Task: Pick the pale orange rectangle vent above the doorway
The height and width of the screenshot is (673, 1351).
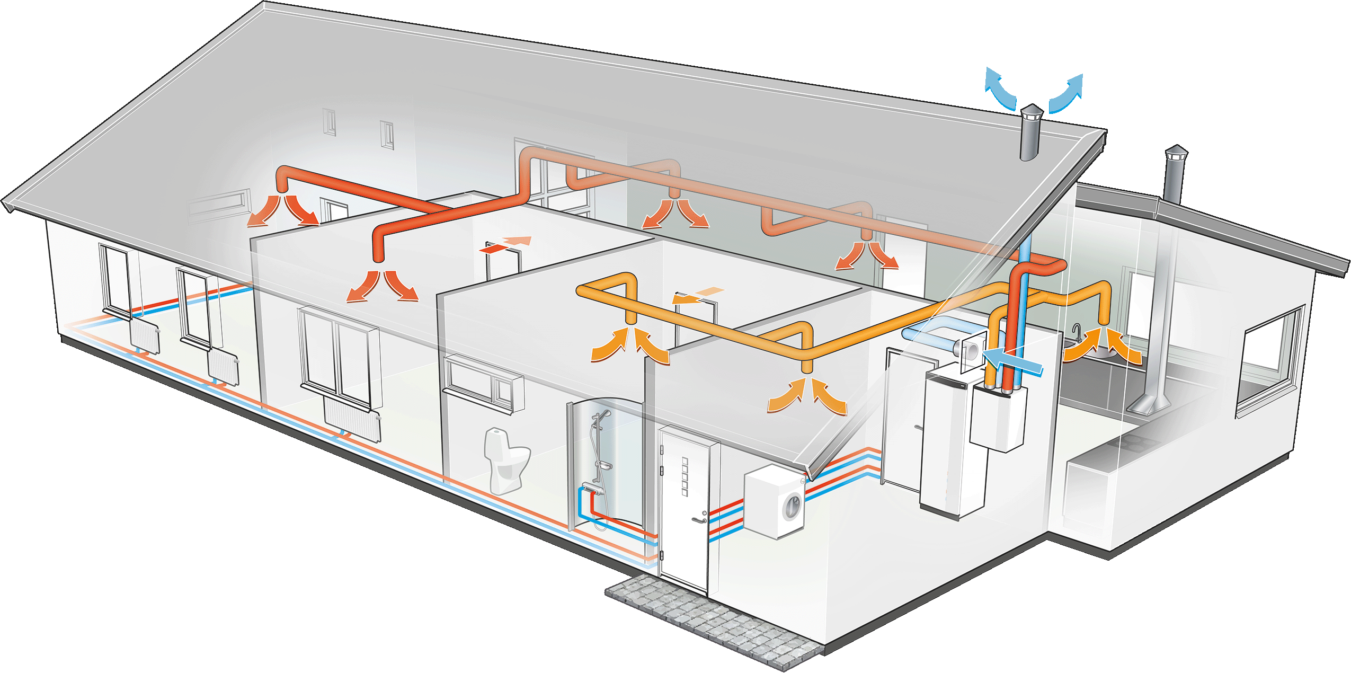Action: [708, 291]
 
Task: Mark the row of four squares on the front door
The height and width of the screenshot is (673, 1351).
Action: [685, 476]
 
